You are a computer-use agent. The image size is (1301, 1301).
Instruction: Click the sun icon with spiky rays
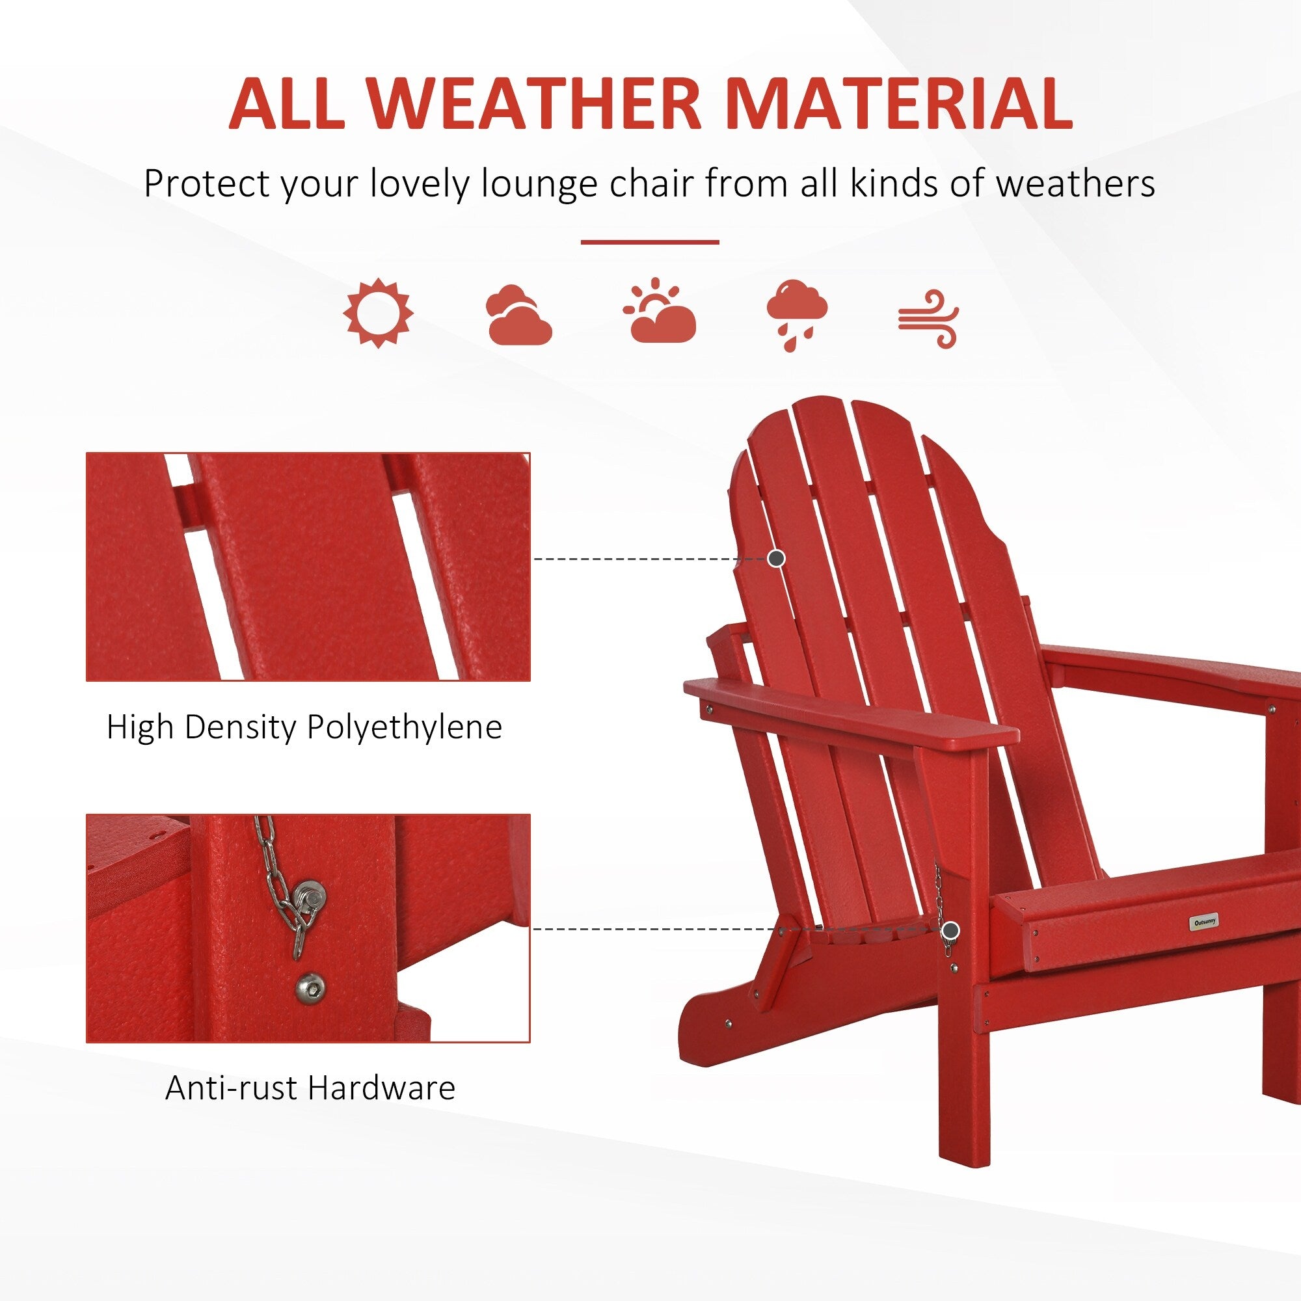tap(378, 313)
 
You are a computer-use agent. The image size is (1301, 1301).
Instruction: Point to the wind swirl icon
tap(929, 319)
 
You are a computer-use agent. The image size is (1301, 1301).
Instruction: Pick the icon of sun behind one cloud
tap(659, 310)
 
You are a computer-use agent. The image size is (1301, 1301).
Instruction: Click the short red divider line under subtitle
tap(650, 242)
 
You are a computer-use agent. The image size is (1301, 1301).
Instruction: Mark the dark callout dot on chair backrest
tap(777, 558)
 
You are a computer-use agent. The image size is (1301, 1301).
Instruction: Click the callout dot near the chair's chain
tap(950, 931)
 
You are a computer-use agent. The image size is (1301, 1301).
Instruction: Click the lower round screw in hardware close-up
tap(310, 987)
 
